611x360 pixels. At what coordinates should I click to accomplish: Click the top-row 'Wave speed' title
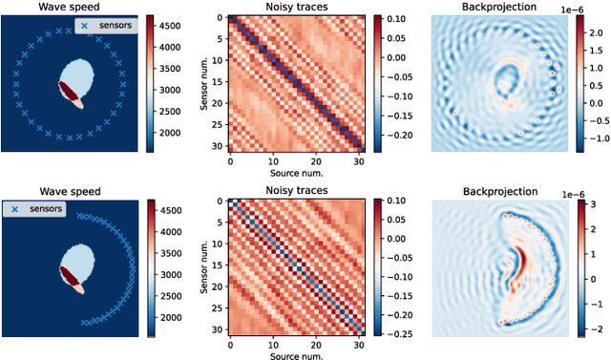click(x=73, y=7)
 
